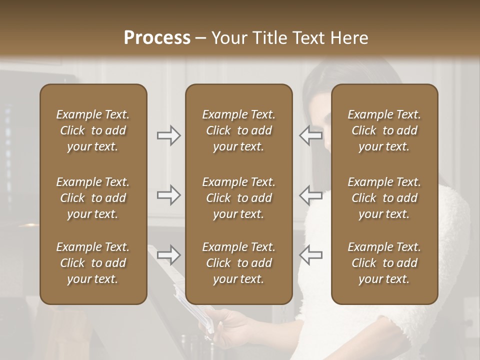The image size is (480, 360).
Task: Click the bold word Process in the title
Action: click(157, 38)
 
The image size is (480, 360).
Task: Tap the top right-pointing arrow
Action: click(168, 135)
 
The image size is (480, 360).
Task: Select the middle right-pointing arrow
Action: click(168, 195)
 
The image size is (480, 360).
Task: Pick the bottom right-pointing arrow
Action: click(168, 255)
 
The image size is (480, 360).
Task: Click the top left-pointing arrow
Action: click(310, 135)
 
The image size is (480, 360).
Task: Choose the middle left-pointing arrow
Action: click(310, 195)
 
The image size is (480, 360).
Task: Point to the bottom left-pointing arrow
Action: click(310, 255)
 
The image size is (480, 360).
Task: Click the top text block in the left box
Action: click(93, 130)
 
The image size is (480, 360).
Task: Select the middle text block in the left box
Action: click(93, 198)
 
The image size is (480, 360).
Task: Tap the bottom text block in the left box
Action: click(93, 263)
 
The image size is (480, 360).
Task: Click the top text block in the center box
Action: click(238, 130)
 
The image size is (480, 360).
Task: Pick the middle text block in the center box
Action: click(238, 198)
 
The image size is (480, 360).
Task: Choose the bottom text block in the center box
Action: click(238, 263)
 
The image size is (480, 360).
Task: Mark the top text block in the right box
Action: click(384, 130)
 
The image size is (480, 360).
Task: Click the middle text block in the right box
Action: click(384, 198)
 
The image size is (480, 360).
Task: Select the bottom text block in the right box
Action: click(384, 263)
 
